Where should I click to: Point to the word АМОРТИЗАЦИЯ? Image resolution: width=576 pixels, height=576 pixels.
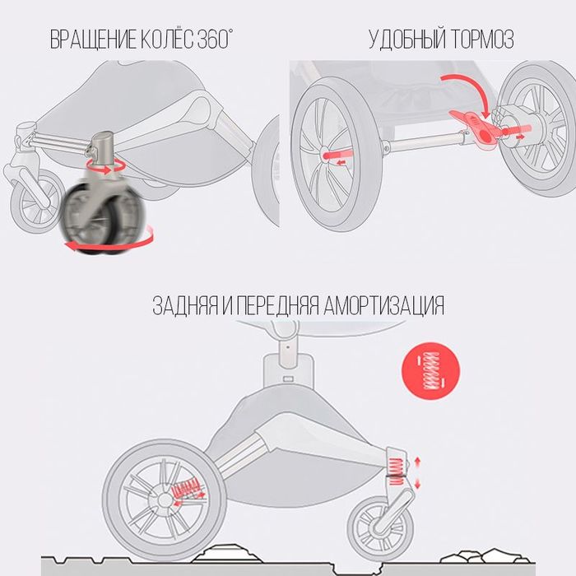386,306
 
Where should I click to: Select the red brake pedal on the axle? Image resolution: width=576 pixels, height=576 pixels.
475,128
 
